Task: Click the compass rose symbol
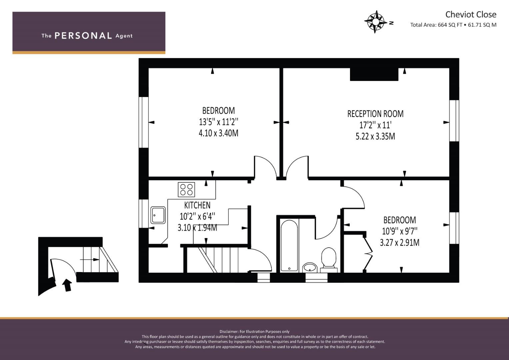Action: pyautogui.click(x=375, y=22)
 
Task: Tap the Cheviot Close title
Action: pyautogui.click(x=471, y=15)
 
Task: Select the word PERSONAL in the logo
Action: pyautogui.click(x=83, y=36)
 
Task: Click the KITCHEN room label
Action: pyautogui.click(x=197, y=205)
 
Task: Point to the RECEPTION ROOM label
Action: pyautogui.click(x=375, y=114)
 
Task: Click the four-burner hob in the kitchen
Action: pyautogui.click(x=186, y=190)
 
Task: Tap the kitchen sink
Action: pyautogui.click(x=158, y=215)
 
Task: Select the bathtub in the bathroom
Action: pyautogui.click(x=289, y=245)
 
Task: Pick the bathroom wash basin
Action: pyautogui.click(x=310, y=267)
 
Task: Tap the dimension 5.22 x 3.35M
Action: pyautogui.click(x=375, y=136)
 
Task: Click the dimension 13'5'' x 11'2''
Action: pyautogui.click(x=219, y=122)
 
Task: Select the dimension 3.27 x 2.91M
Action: pyautogui.click(x=399, y=243)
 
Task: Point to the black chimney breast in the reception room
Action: pyautogui.click(x=374, y=74)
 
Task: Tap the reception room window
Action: pyautogui.click(x=454, y=121)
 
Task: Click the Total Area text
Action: pyautogui.click(x=453, y=25)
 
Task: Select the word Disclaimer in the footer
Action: pyautogui.click(x=229, y=332)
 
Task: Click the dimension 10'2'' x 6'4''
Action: pyautogui.click(x=197, y=216)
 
